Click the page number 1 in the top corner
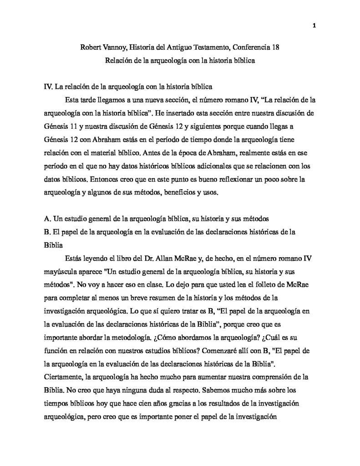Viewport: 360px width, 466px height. tap(314, 25)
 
